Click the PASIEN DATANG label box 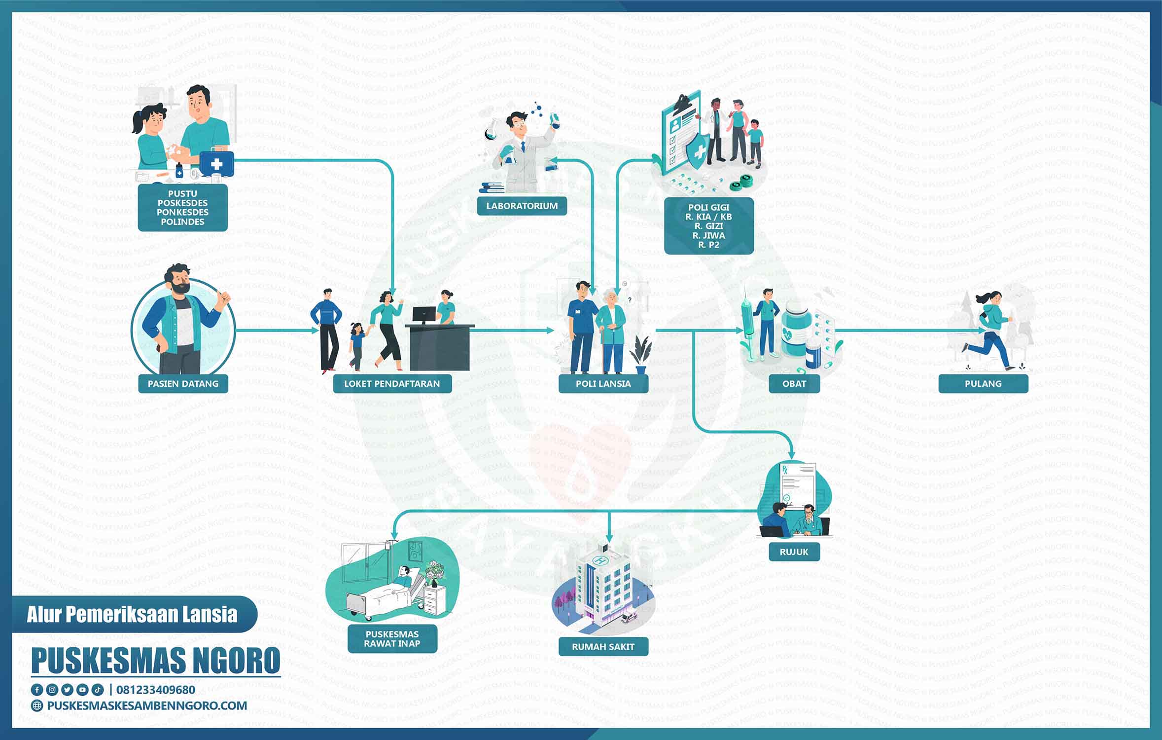[183, 383]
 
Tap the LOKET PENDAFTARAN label [392, 383]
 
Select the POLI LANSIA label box [603, 383]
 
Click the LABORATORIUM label [522, 206]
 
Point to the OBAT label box [794, 383]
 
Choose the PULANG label [983, 383]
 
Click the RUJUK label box [794, 552]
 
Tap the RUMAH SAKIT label [603, 646]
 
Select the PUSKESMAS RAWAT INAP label [392, 639]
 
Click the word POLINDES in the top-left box [182, 222]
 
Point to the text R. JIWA [709, 235]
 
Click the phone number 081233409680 [156, 690]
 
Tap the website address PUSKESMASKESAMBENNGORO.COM [147, 705]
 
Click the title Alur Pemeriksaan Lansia [132, 614]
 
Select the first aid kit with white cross [216, 163]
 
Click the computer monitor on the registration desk [424, 316]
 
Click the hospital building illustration [604, 587]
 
